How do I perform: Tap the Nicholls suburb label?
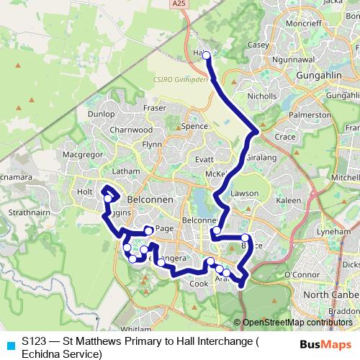(x=261, y=95)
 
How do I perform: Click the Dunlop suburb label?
(x=102, y=114)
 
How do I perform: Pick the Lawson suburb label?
(x=245, y=194)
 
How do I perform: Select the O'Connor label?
(x=302, y=274)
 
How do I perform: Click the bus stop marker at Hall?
(x=206, y=55)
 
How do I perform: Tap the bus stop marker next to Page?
(x=148, y=230)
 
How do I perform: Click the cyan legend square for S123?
(x=9, y=344)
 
